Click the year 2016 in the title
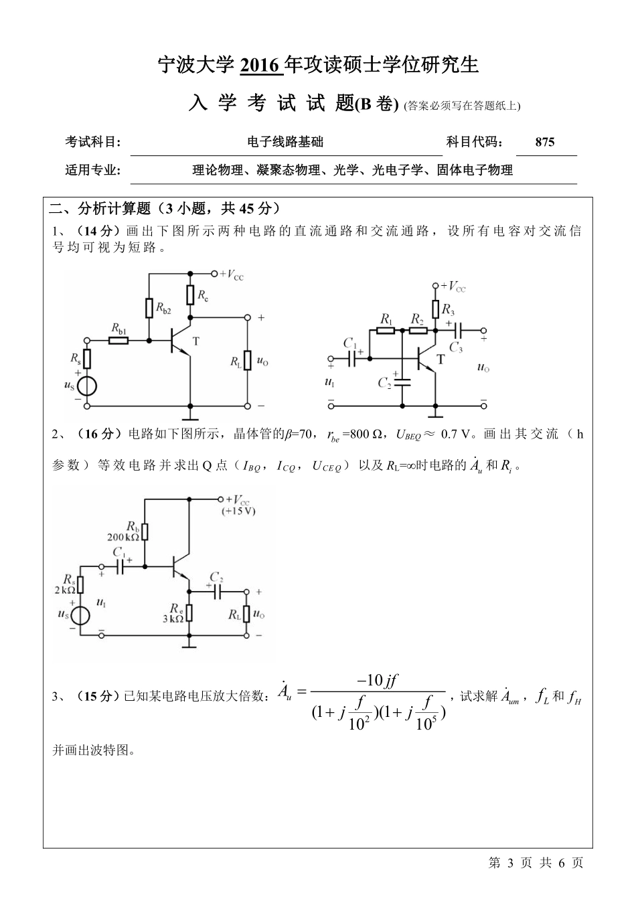[x=258, y=66]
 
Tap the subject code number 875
[x=545, y=142]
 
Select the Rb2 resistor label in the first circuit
[x=164, y=309]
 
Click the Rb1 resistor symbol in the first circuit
[x=118, y=341]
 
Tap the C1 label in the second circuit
[x=349, y=343]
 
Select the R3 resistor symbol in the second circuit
[x=436, y=309]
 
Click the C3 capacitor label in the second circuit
[x=456, y=347]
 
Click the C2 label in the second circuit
[x=384, y=384]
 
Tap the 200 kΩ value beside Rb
[x=123, y=537]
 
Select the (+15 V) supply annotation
[x=238, y=511]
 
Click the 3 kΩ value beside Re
[x=172, y=619]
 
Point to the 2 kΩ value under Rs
[x=65, y=590]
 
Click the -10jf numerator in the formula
[x=378, y=680]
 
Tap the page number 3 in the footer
[x=509, y=863]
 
